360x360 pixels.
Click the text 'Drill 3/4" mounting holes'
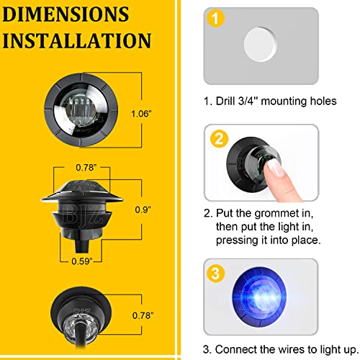click(270, 101)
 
